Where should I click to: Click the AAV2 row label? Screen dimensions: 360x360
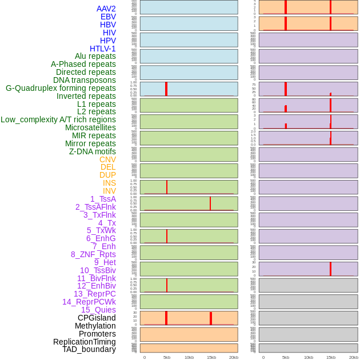(x=106, y=9)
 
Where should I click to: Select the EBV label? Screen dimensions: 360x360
(x=108, y=17)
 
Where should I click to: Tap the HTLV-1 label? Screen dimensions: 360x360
(x=103, y=49)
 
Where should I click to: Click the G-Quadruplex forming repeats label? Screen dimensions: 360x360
(x=61, y=88)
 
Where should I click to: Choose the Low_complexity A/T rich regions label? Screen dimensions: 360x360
(x=58, y=119)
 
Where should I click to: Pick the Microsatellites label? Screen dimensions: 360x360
(x=90, y=127)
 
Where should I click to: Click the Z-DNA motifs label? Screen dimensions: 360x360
(x=93, y=151)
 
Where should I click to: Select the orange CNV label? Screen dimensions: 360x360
(x=107, y=159)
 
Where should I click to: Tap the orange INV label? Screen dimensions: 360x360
(x=109, y=191)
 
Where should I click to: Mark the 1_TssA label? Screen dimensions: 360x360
(x=103, y=199)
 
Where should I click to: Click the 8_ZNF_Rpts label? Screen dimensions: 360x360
(x=93, y=254)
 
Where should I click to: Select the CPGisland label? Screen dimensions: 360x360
(x=97, y=318)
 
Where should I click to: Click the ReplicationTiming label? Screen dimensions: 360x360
(x=84, y=342)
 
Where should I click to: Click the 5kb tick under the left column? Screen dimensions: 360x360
(x=167, y=357)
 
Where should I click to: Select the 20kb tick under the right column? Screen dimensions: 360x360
(x=353, y=357)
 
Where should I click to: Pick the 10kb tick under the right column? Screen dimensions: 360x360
(x=308, y=357)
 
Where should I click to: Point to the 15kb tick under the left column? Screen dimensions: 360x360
(x=211, y=357)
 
